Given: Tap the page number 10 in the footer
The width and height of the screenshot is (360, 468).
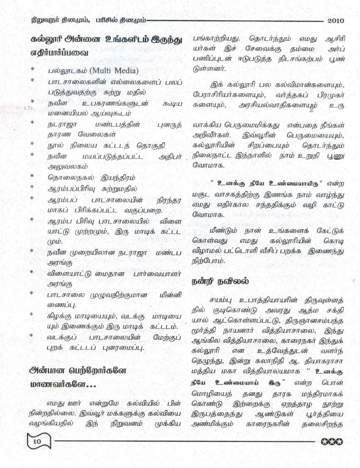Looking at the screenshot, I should pyautogui.click(x=37, y=441).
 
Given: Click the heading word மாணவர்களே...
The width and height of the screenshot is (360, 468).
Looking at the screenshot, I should pyautogui.click(x=63, y=385).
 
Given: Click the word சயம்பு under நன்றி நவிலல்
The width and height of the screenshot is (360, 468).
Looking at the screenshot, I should pyautogui.click(x=223, y=300).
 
